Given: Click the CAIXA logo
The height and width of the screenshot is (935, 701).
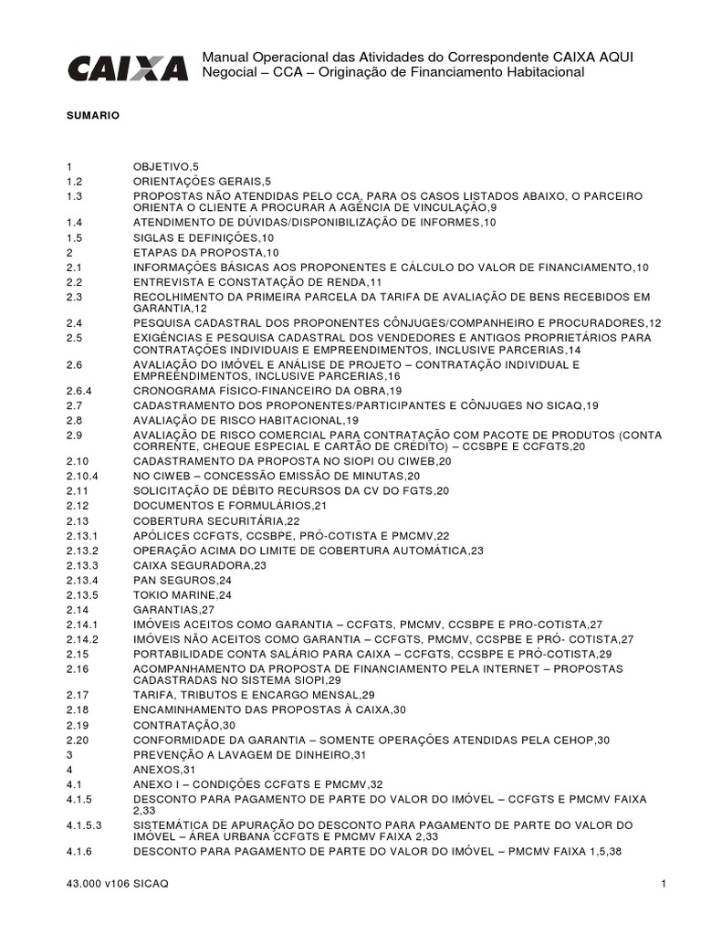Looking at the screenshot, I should click(x=127, y=68).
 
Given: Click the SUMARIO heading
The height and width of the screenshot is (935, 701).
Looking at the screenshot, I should click(x=87, y=117).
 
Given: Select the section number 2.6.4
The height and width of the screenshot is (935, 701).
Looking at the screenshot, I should click(x=81, y=390).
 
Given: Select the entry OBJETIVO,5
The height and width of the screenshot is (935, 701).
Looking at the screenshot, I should click(x=165, y=167).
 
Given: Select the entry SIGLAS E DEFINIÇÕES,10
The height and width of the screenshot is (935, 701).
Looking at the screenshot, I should click(x=198, y=236).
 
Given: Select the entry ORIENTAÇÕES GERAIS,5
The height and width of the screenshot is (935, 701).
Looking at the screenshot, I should click(x=202, y=181).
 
